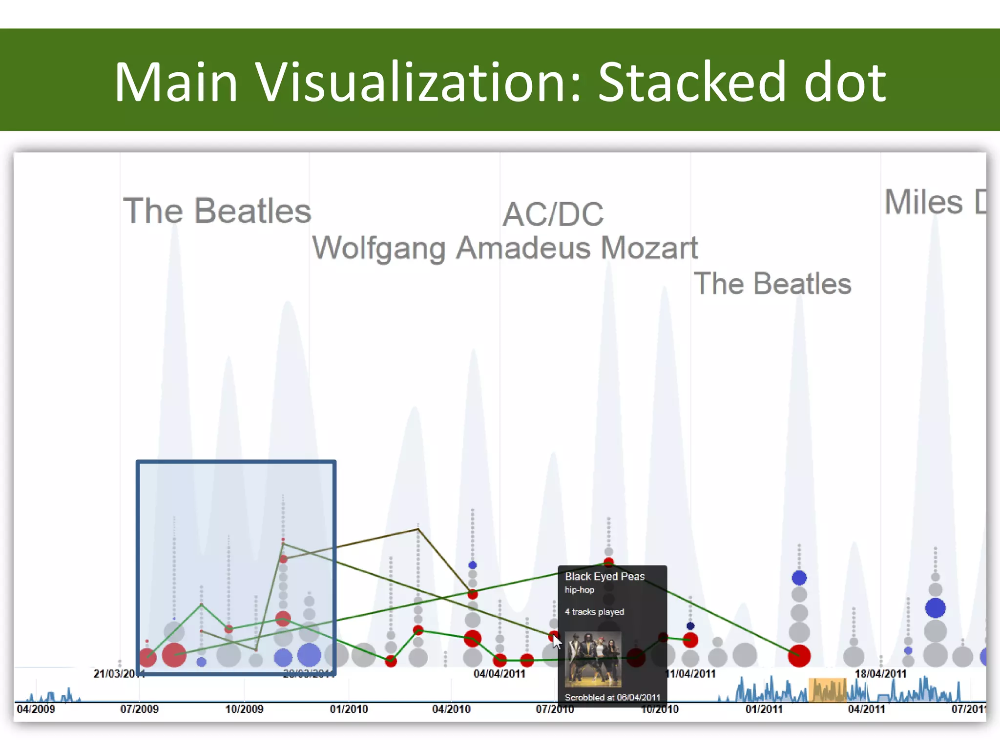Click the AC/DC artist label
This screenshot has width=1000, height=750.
(x=553, y=214)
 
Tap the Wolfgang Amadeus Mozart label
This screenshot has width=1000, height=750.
(x=505, y=248)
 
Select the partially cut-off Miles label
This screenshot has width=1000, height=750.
(x=934, y=202)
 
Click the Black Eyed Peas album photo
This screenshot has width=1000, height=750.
(x=593, y=659)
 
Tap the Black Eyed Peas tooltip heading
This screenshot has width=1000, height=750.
(x=604, y=577)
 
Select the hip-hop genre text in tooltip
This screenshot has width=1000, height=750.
(x=579, y=590)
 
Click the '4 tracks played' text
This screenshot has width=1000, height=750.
(x=594, y=612)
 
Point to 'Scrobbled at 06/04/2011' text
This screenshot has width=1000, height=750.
(x=612, y=697)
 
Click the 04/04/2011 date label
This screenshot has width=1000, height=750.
(x=499, y=674)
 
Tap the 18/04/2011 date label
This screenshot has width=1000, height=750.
(x=880, y=674)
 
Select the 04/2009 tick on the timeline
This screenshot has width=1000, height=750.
(x=36, y=709)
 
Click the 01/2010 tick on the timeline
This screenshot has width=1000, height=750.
(x=349, y=709)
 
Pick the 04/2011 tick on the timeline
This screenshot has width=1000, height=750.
(x=866, y=709)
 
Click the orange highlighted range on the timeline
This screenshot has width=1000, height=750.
(x=827, y=689)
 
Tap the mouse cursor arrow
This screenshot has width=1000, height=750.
(x=557, y=642)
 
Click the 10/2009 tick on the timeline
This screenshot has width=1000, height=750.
(x=244, y=709)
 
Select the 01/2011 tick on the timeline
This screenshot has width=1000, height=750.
(x=764, y=709)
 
